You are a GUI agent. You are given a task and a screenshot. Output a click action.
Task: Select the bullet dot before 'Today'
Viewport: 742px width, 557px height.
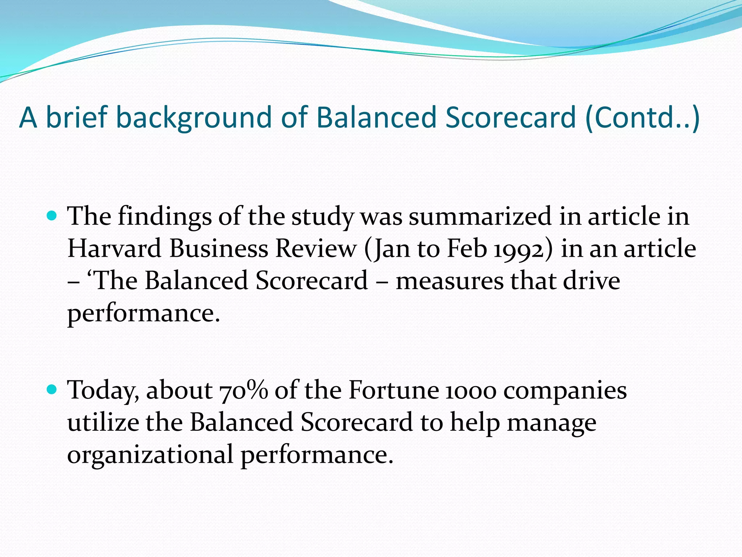pos(52,390)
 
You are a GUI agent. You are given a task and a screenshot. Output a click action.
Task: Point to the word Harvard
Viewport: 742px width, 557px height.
pos(114,249)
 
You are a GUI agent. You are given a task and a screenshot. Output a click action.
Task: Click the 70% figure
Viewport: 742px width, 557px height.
pos(243,391)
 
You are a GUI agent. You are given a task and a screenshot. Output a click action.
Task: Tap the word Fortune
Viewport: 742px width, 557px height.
pos(393,391)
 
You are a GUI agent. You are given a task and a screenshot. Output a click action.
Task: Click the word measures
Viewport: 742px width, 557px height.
pos(449,281)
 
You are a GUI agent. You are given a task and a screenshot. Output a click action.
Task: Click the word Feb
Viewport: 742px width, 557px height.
pos(467,249)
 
